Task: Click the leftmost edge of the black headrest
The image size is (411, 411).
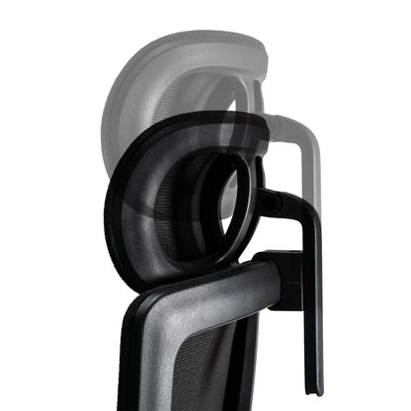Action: tap(107, 207)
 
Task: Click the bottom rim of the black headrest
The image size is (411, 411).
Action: tap(178, 281)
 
